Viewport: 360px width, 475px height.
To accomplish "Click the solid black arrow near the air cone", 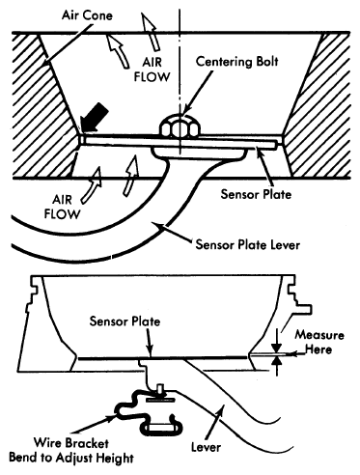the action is coord(94,119).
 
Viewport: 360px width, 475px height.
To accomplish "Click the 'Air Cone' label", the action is coord(87,15).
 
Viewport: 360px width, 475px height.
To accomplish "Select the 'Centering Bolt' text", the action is coord(236,62).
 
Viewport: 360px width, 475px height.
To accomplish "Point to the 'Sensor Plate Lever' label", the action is coord(248,245).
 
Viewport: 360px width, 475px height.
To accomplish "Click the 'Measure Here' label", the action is coord(319,342).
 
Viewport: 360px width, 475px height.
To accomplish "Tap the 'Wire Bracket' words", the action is coord(71,443).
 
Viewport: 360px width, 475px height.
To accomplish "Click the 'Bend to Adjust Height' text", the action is coord(71,458).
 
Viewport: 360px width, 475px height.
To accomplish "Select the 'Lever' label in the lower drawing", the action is coord(206,447).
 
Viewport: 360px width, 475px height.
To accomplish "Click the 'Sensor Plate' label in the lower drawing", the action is coord(125,321).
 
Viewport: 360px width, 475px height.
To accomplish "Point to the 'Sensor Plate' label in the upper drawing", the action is coord(256,194).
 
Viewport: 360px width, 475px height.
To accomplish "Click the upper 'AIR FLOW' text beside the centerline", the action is coord(152,70).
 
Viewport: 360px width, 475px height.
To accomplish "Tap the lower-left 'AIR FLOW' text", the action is coord(62,207).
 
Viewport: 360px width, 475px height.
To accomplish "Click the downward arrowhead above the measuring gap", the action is coord(277,349).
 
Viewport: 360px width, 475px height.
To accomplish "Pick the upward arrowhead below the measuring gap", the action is coord(277,362).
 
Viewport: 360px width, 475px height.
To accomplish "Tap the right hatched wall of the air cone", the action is coord(318,105).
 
